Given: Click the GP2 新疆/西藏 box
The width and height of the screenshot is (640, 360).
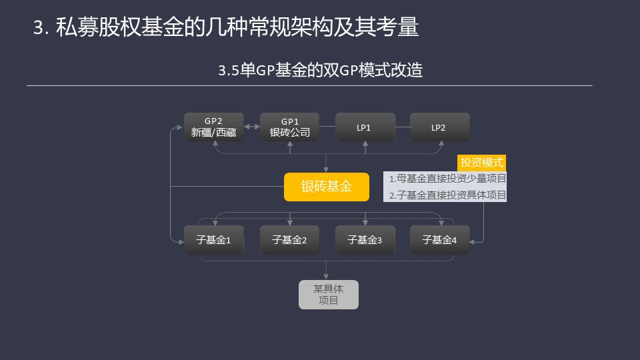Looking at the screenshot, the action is pyautogui.click(x=214, y=127).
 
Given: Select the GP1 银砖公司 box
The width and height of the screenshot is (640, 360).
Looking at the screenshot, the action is pyautogui.click(x=289, y=127).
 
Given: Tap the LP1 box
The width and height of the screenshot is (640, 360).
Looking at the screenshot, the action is pyautogui.click(x=365, y=127).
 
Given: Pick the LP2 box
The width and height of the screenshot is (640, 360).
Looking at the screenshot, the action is pyautogui.click(x=439, y=127).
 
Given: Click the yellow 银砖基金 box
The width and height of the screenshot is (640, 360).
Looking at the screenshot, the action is pyautogui.click(x=327, y=187).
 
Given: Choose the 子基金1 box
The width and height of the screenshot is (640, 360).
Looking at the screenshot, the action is pyautogui.click(x=214, y=240).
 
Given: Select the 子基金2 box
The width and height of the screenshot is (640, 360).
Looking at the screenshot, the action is pyautogui.click(x=289, y=240).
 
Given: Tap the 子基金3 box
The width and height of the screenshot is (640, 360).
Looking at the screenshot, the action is pyautogui.click(x=365, y=240).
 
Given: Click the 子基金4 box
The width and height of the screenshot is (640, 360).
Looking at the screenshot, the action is pyautogui.click(x=439, y=240).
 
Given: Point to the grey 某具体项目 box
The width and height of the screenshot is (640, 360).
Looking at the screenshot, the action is pyautogui.click(x=329, y=295).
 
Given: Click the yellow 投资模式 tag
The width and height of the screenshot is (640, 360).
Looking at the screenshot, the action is pyautogui.click(x=481, y=163).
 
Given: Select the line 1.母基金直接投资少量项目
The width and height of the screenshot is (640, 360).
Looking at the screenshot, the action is pyautogui.click(x=447, y=179).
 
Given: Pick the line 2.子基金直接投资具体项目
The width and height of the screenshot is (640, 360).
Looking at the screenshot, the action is pyautogui.click(x=447, y=195).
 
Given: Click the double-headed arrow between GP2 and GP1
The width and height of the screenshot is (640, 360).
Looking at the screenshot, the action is pyautogui.click(x=252, y=127).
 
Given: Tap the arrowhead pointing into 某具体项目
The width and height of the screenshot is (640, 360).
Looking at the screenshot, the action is pyautogui.click(x=326, y=277).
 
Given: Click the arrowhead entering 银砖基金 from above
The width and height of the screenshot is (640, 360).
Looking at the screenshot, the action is pyautogui.click(x=326, y=169).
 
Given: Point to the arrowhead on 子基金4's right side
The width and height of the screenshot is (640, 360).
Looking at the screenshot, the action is pyautogui.click(x=472, y=242).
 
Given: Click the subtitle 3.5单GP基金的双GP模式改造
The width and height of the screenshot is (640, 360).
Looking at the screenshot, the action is pyautogui.click(x=321, y=70).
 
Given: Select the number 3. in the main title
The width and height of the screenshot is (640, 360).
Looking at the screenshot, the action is pyautogui.click(x=41, y=28).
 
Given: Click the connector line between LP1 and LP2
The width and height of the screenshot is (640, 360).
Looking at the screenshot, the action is pyautogui.click(x=403, y=127).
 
